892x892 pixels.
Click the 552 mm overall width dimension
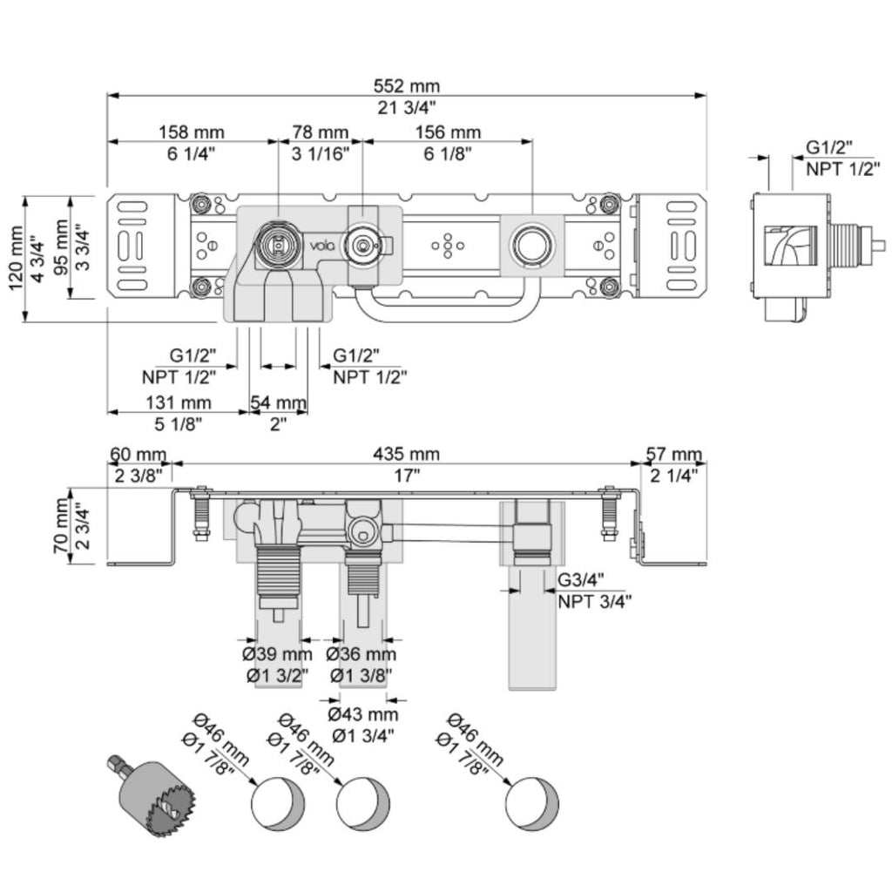(x=406, y=86)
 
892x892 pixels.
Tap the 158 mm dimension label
(x=191, y=132)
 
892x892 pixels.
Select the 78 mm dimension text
(x=321, y=132)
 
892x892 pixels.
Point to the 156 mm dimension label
(x=448, y=132)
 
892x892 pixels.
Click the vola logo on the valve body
(x=322, y=246)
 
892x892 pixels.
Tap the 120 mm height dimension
(x=16, y=258)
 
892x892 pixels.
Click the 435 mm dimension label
(x=406, y=454)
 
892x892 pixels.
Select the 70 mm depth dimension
(x=61, y=525)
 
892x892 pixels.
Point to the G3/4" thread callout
(x=581, y=579)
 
